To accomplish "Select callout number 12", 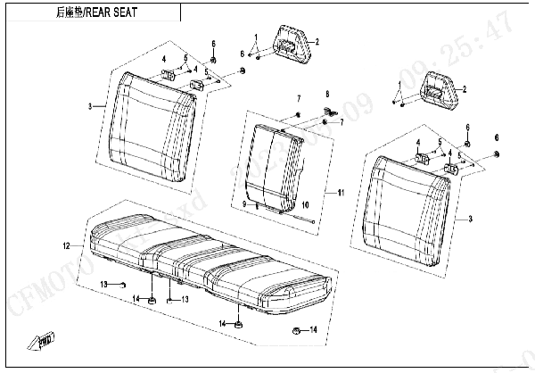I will pyautogui.click(x=65, y=245).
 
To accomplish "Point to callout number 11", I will pyautogui.click(x=339, y=193).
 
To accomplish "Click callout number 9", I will pyautogui.click(x=243, y=204).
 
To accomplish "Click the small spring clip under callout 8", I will pyautogui.click(x=327, y=111).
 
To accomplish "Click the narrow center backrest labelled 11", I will pyautogui.click(x=276, y=165).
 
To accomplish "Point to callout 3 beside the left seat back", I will pyautogui.click(x=90, y=107).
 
